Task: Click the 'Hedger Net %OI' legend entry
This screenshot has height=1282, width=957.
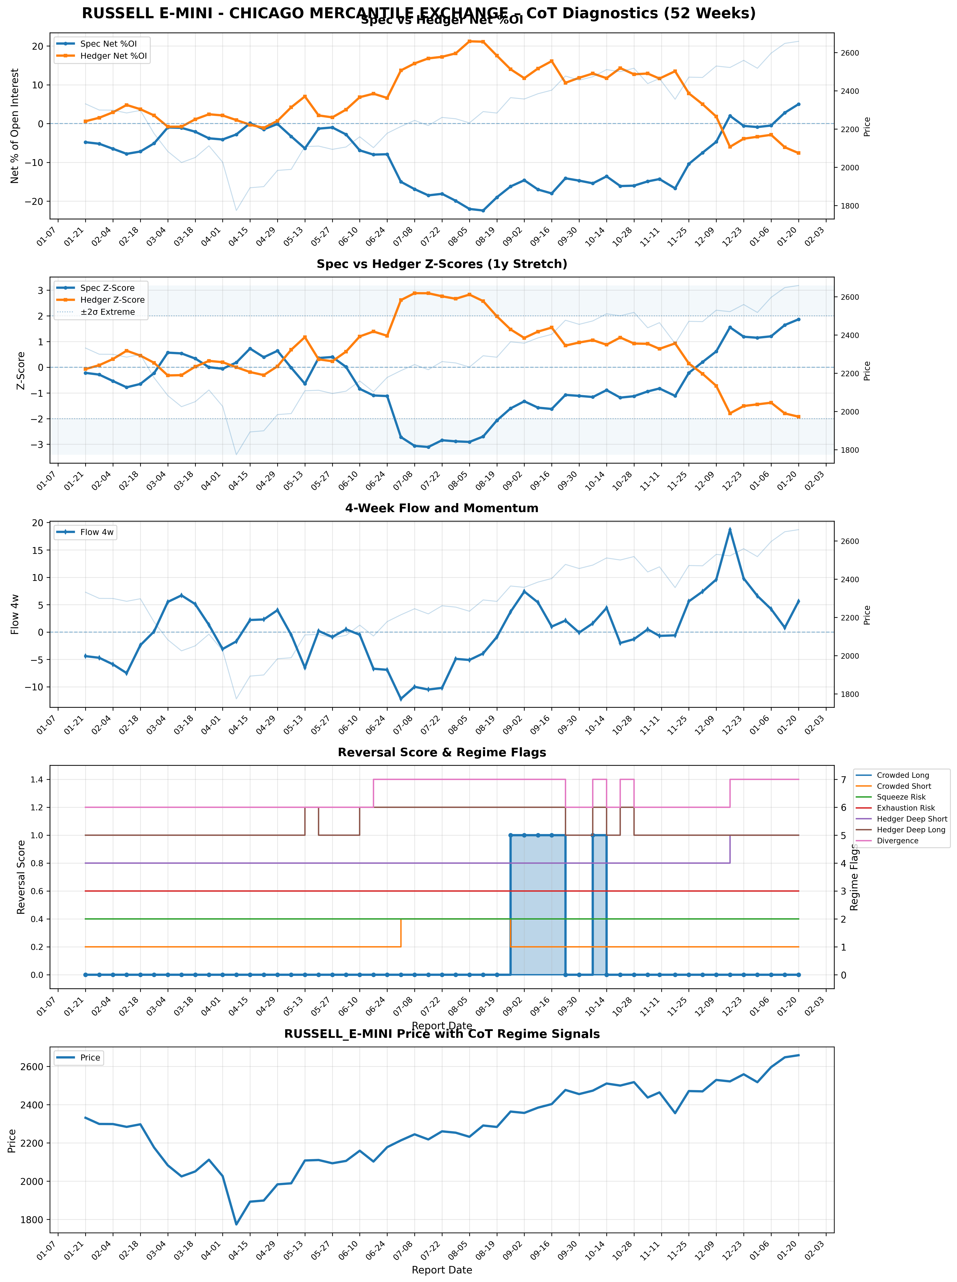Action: tap(114, 56)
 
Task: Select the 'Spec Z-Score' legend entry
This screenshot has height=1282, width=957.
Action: tap(107, 288)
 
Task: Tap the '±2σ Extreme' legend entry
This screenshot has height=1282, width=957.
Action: tap(107, 312)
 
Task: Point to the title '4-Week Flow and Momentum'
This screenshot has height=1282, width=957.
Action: tap(441, 508)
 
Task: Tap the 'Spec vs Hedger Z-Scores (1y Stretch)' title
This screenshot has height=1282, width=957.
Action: tap(441, 264)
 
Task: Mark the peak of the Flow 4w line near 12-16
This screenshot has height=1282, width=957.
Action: tap(730, 529)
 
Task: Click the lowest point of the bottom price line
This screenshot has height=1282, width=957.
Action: tap(236, 1225)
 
